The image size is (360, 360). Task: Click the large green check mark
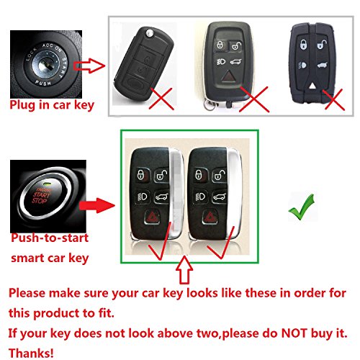[x=301, y=207]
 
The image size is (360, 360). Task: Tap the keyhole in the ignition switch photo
[x=45, y=64]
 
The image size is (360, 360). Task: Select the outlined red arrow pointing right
[x=89, y=66]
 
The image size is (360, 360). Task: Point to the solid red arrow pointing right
[x=97, y=205]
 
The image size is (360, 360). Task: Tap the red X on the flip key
[x=161, y=99]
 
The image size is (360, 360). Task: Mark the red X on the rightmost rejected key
[x=334, y=100]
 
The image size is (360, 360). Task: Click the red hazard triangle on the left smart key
[x=151, y=217]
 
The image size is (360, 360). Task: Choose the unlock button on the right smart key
[x=219, y=175]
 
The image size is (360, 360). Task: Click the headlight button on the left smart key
[x=142, y=197]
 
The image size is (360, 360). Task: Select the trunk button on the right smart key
[x=219, y=197]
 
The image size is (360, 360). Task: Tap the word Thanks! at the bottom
[x=31, y=354]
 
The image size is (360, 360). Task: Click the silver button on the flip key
[x=150, y=32]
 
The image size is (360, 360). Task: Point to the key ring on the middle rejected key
[x=210, y=104]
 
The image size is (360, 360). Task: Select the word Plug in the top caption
[x=22, y=105]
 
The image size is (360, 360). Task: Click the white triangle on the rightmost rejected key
[x=312, y=86]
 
